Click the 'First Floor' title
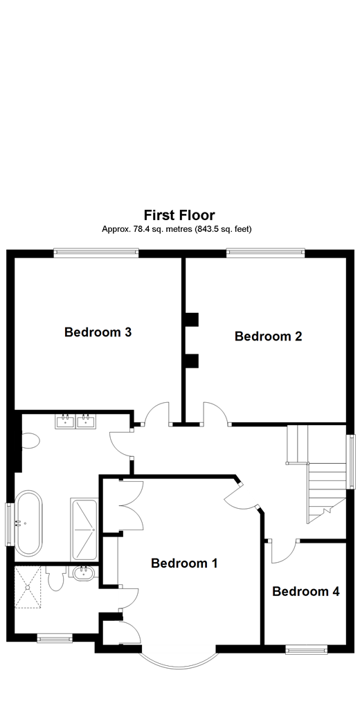tap(179, 215)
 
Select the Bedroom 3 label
tap(98, 332)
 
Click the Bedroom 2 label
tap(268, 336)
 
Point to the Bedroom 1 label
tap(184, 563)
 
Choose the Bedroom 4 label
tap(305, 591)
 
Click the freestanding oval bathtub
tap(28, 523)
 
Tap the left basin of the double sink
tap(66, 421)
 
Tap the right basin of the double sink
tap(87, 421)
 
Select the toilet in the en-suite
tap(57, 579)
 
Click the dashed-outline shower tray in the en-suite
tap(30, 587)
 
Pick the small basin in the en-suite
tap(84, 573)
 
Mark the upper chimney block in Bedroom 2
tap(191, 319)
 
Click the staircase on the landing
tap(318, 478)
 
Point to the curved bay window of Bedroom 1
tap(179, 661)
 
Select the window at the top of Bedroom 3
tap(96, 253)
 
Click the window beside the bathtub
tap(9, 523)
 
